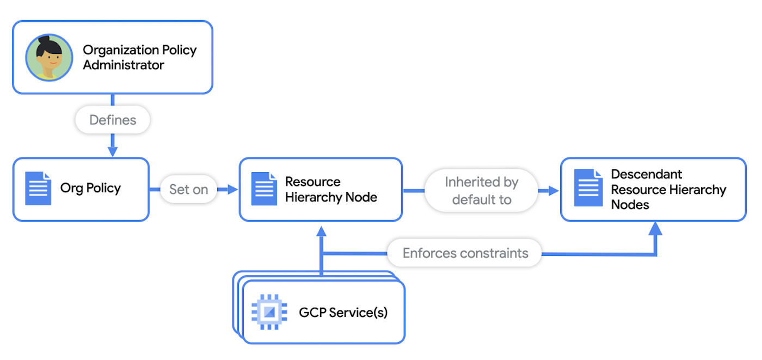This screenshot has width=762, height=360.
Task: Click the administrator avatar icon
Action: (50, 57)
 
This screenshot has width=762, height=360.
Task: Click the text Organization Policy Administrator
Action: (139, 57)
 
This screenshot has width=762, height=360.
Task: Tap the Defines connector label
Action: (112, 120)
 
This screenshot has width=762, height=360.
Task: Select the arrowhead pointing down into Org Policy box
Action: (112, 151)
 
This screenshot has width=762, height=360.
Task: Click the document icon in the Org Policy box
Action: (38, 188)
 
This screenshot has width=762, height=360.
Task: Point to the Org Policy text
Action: (90, 188)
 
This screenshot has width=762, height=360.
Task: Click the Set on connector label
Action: (188, 190)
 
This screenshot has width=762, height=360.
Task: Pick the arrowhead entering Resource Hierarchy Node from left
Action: (232, 190)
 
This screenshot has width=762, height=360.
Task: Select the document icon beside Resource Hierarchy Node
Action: (264, 189)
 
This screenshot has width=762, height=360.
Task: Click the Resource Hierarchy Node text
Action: (331, 190)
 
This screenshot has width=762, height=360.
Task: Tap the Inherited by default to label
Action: (481, 190)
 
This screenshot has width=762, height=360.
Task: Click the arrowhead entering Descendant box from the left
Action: (554, 190)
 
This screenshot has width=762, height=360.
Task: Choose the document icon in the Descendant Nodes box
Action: (588, 188)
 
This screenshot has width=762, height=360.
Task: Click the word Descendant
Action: (647, 174)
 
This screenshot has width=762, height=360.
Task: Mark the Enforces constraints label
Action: (465, 253)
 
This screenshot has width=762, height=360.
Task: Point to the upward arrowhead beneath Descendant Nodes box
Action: (656, 229)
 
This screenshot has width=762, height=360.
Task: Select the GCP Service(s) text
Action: (343, 313)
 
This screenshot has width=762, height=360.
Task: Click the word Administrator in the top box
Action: (124, 65)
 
